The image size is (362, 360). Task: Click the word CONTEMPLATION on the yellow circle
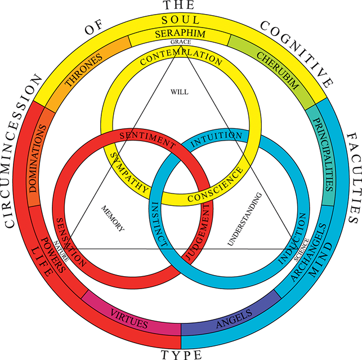pos(180,58)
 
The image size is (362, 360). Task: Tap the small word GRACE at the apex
pos(181,42)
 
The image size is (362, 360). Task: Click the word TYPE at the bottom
pos(181,353)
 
